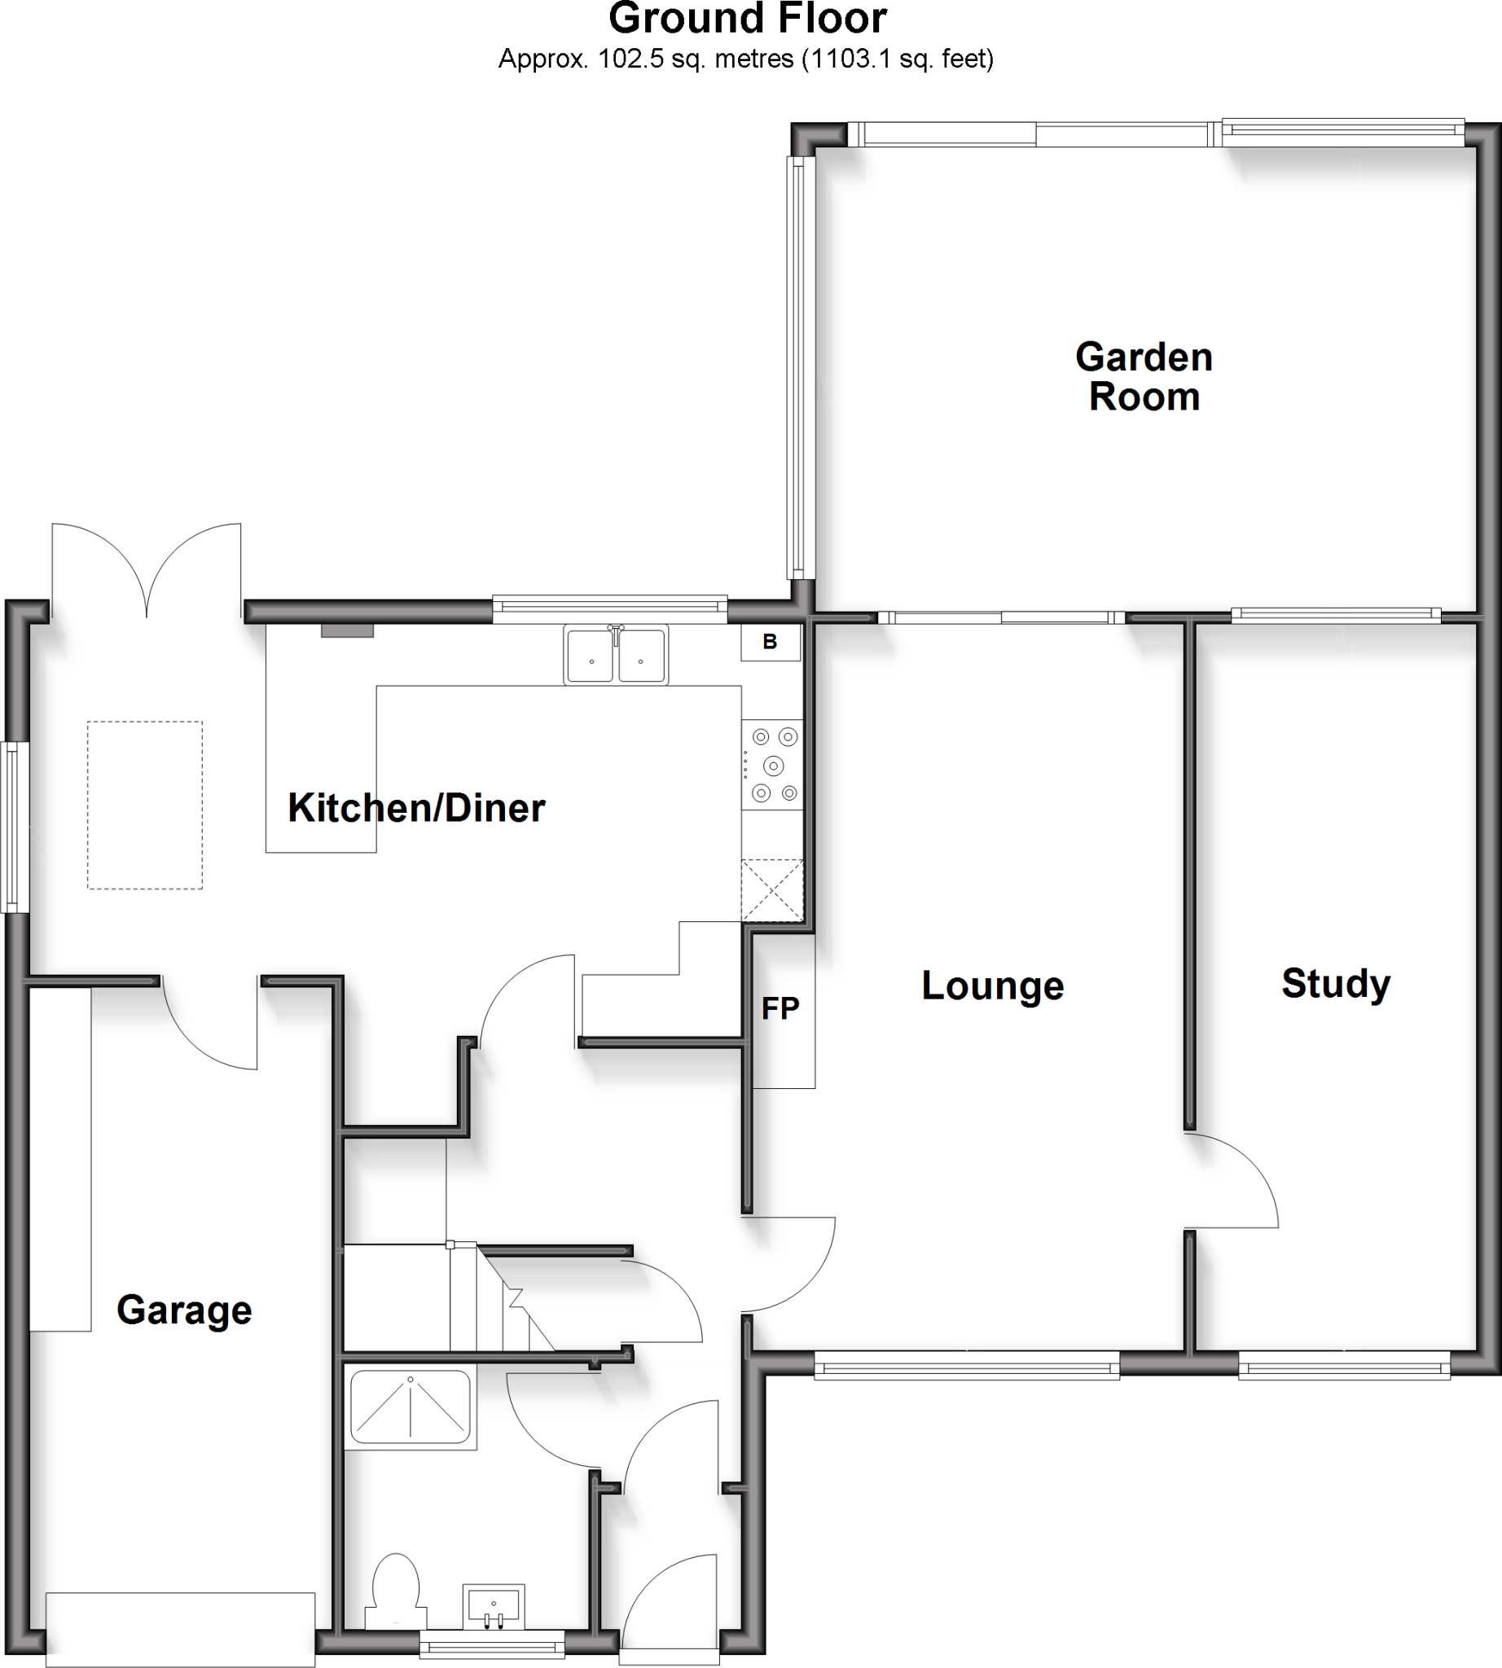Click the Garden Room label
[1144, 377]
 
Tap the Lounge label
[992, 985]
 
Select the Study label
[1335, 983]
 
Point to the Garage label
[184, 1310]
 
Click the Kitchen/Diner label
[416, 808]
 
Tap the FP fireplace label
[780, 1008]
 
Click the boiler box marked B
[770, 643]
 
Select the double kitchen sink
[616, 656]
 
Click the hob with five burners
[771, 765]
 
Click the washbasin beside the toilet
[494, 1606]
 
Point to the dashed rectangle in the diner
[145, 805]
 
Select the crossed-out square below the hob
[771, 889]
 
